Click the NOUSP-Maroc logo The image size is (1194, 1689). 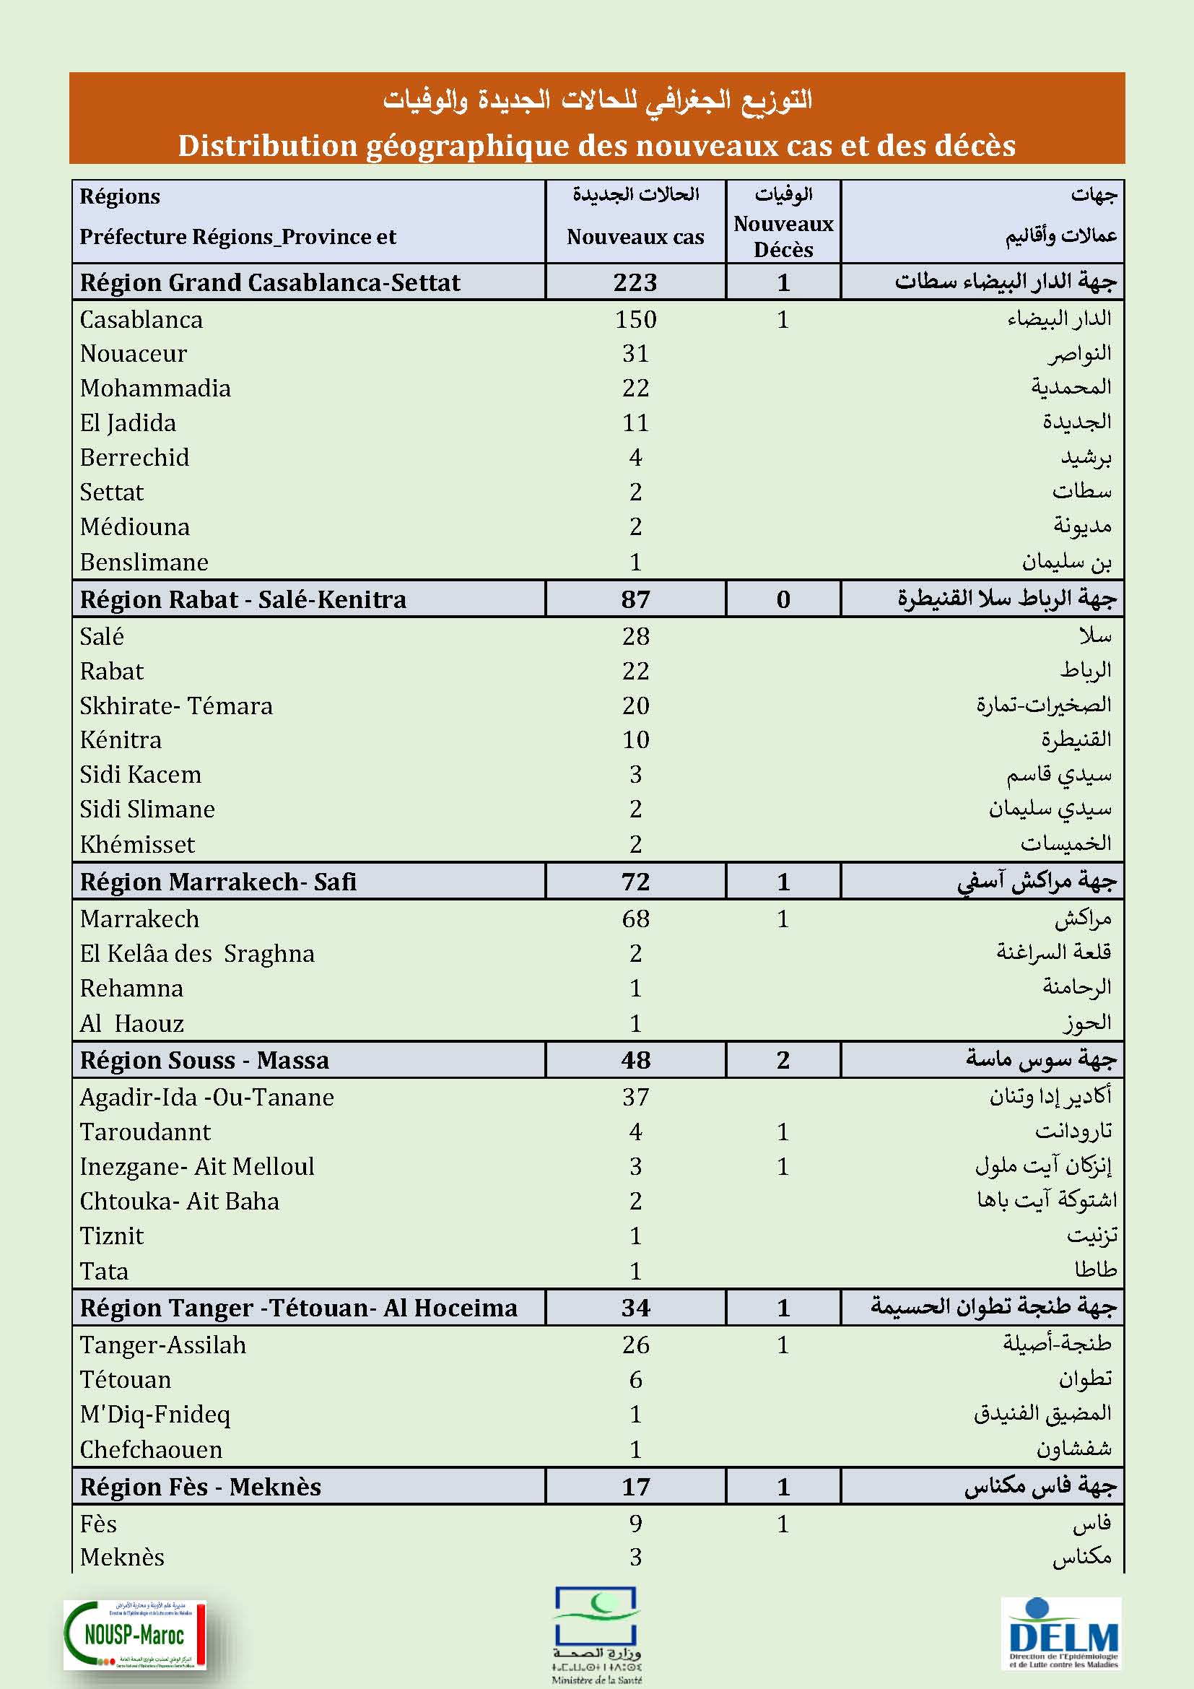click(134, 1635)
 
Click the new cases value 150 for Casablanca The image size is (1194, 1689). click(635, 319)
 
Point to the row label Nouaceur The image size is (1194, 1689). click(133, 354)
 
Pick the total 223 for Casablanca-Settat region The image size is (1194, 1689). click(635, 282)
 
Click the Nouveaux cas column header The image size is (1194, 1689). click(635, 237)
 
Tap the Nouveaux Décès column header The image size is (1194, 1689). click(783, 236)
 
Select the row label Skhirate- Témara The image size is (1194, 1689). click(175, 706)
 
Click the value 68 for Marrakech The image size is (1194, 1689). click(635, 919)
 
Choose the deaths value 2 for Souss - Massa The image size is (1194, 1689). click(783, 1060)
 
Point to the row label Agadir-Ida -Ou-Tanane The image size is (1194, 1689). click(206, 1098)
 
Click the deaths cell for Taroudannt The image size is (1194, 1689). click(783, 1132)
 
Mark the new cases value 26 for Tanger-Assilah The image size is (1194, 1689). click(635, 1345)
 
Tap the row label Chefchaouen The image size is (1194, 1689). click(151, 1450)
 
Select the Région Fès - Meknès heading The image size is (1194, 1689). click(201, 1488)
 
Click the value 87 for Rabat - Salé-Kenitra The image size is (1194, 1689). click(635, 599)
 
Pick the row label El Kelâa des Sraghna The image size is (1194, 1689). click(197, 954)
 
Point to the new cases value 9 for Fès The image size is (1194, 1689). click(635, 1524)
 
